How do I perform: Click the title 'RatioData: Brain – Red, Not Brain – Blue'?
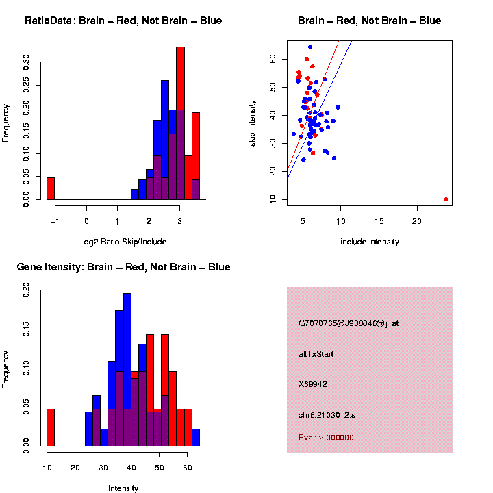pyautogui.click(x=123, y=21)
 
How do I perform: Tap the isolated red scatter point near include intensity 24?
pyautogui.click(x=446, y=199)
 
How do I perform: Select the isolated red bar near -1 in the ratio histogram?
pyautogui.click(x=50, y=188)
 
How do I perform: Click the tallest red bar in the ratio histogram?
pyautogui.click(x=180, y=123)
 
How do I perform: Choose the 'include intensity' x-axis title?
pyautogui.click(x=369, y=242)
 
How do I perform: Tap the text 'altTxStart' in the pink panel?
pyautogui.click(x=317, y=354)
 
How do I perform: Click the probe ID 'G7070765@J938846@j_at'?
pyautogui.click(x=349, y=323)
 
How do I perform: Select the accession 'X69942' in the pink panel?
pyautogui.click(x=313, y=384)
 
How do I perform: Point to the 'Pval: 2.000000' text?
pyautogui.click(x=327, y=438)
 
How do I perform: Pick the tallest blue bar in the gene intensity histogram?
pyautogui.click(x=127, y=370)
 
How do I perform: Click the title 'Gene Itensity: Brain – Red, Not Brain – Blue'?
pyautogui.click(x=123, y=267)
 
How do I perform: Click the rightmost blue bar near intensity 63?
pyautogui.click(x=196, y=438)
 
